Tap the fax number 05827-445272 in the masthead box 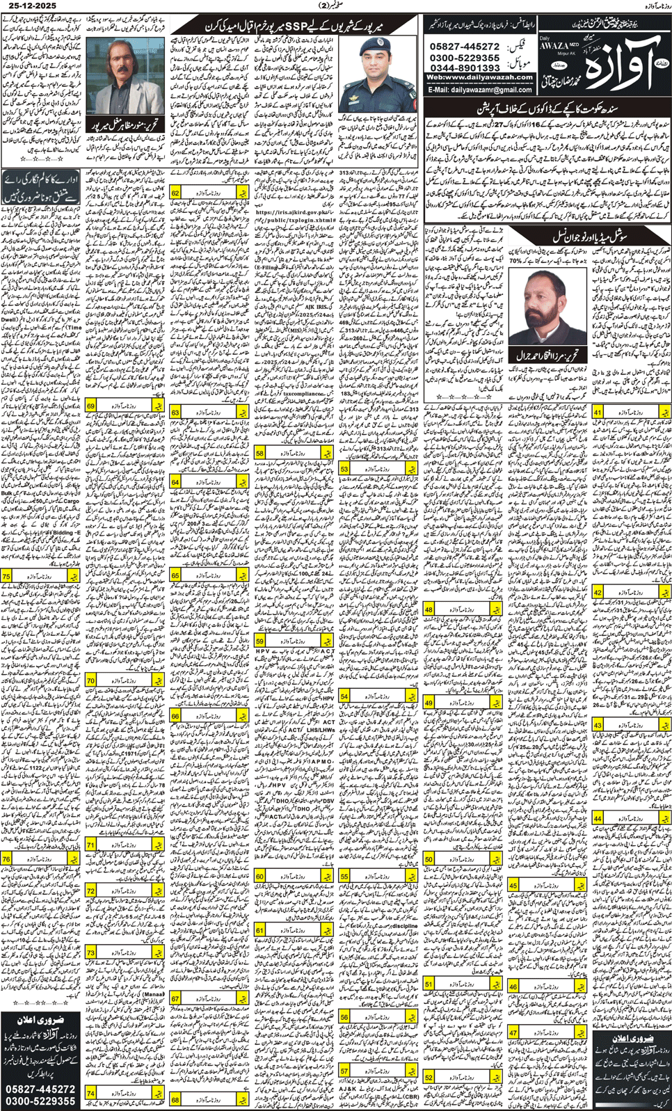point(465,47)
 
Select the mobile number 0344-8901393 point(465,67)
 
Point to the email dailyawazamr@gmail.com point(480,90)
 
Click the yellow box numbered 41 point(598,413)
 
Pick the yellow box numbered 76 point(6,858)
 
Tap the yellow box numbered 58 point(259,453)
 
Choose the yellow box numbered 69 point(91,406)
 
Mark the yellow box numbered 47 point(513,1033)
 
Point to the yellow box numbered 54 point(344,696)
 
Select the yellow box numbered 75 point(6,576)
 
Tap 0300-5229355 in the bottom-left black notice point(40,1101)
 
